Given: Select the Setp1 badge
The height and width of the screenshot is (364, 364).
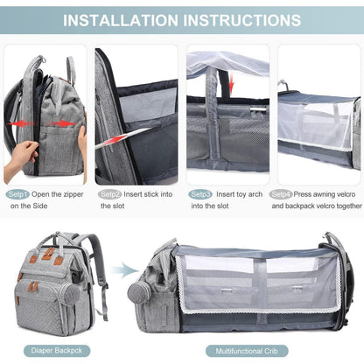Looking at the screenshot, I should click(x=19, y=193).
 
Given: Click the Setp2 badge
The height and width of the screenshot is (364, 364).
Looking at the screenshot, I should click(x=110, y=193).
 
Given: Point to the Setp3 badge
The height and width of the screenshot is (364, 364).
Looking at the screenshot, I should click(x=200, y=193).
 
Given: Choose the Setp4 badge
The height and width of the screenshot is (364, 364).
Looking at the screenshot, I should click(x=281, y=193).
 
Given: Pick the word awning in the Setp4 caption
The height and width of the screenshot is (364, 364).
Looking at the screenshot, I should click(x=325, y=193).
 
